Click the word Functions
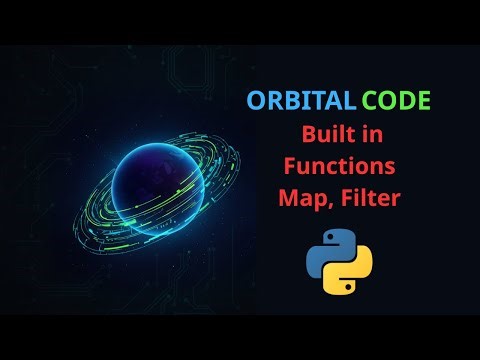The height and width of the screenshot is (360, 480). click(x=339, y=167)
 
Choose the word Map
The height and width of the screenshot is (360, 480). click(x=302, y=200)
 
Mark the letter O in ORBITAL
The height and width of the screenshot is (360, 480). click(x=255, y=102)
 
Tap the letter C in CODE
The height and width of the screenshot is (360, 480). click(x=371, y=102)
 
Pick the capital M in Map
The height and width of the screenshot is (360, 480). click(x=288, y=199)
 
